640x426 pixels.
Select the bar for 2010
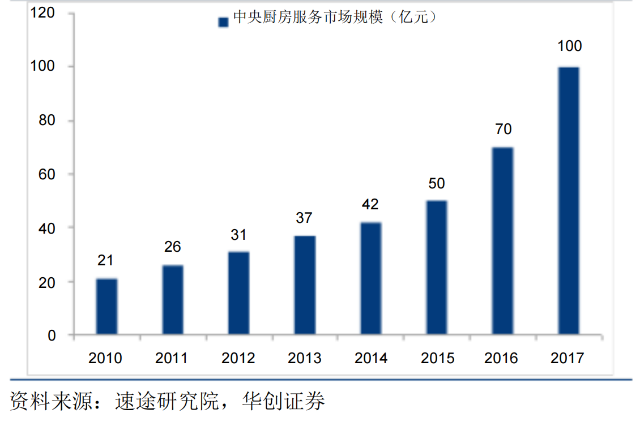106,306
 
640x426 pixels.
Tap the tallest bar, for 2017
569,200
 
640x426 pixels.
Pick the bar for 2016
502,240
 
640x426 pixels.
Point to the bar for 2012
238,292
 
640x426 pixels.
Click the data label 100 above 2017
569,46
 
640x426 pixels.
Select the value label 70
503,129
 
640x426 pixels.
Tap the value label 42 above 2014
370,204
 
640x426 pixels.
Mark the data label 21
105,260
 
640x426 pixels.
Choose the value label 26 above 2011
172,247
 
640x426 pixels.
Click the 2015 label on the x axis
437,358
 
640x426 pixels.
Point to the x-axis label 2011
172,358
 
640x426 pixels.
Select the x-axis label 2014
371,358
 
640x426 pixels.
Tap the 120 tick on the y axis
44,12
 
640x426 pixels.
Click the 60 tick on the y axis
48,174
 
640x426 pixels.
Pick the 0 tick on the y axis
52,335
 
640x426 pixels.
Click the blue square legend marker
223,21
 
